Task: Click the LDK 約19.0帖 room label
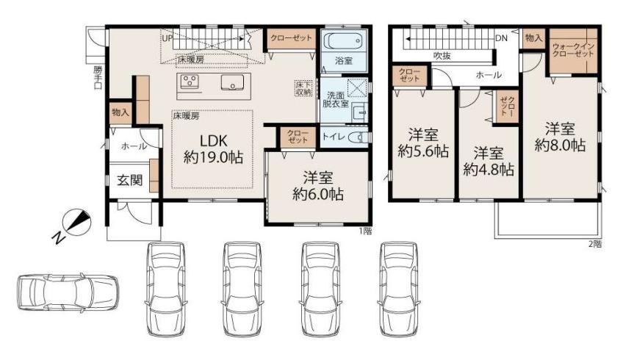click(x=213, y=149)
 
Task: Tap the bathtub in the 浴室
click(x=343, y=40)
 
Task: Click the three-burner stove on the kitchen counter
click(x=189, y=82)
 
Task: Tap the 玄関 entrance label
click(x=130, y=181)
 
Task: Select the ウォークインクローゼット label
click(x=573, y=50)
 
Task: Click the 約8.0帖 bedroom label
click(x=560, y=137)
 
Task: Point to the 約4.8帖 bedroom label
click(x=489, y=162)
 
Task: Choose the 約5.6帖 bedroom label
click(x=423, y=143)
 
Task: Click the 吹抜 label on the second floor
click(x=442, y=56)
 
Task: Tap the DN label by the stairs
click(x=502, y=38)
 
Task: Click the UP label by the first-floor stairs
click(x=167, y=38)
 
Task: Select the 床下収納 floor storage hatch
click(x=303, y=88)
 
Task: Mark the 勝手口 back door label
click(x=98, y=76)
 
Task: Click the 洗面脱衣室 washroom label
click(x=336, y=100)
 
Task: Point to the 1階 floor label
click(x=366, y=231)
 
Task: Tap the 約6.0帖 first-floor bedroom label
click(x=318, y=186)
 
